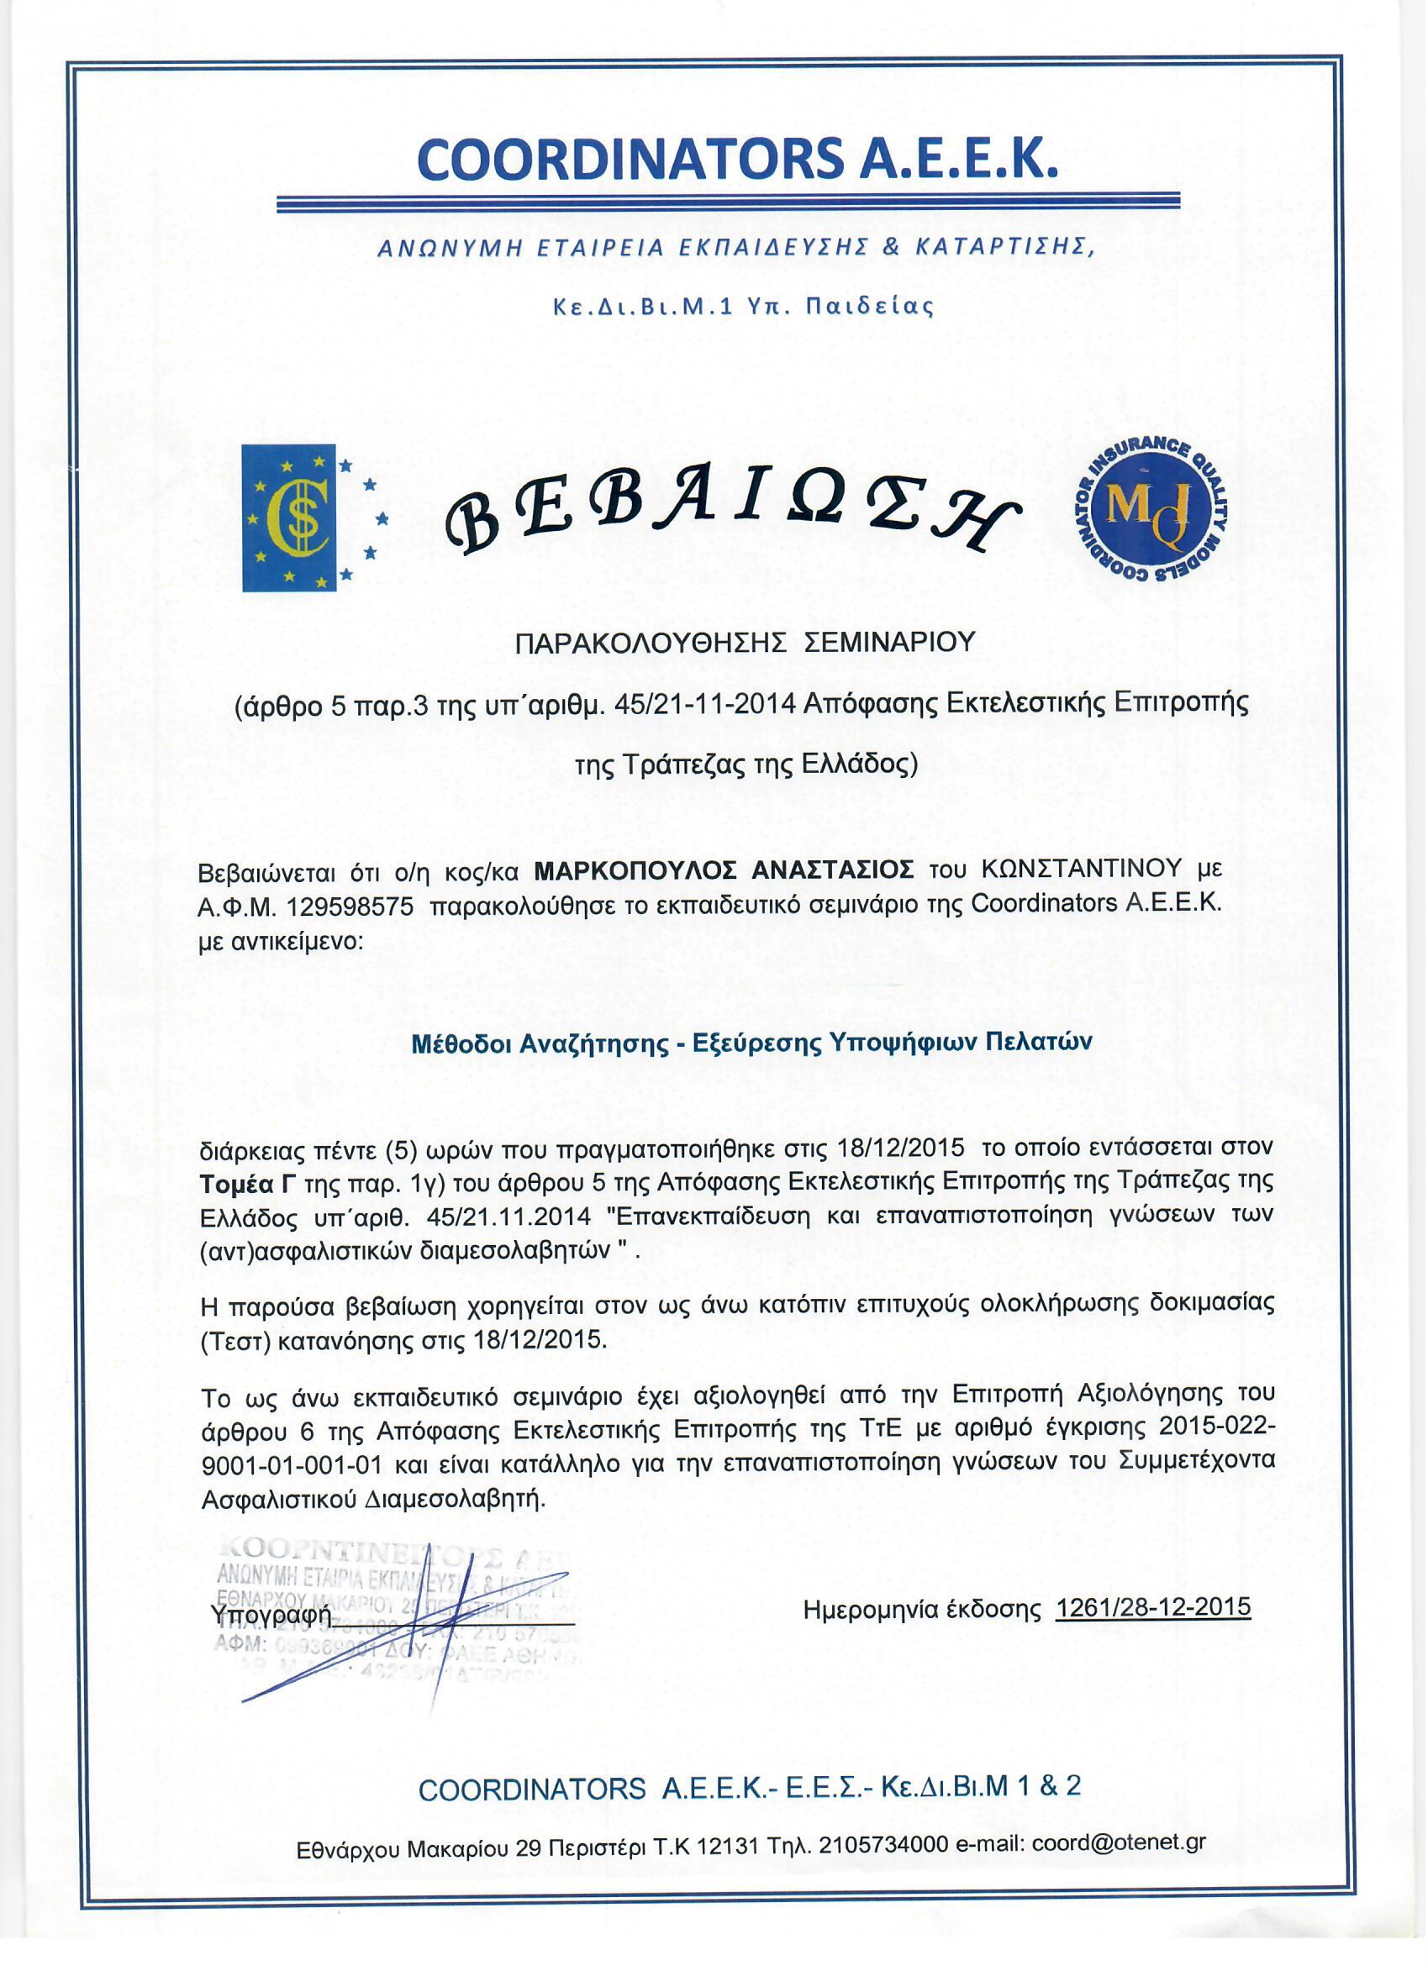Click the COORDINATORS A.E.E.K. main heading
tap(737, 160)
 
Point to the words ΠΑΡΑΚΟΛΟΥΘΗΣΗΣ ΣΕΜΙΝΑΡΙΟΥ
tap(745, 642)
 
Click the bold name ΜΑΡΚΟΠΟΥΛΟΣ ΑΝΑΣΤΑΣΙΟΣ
tap(723, 869)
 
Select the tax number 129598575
tap(350, 907)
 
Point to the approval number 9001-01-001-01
tap(292, 1464)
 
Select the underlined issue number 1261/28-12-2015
tap(1152, 1607)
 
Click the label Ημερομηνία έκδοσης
tap(921, 1611)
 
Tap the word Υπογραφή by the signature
tap(271, 1615)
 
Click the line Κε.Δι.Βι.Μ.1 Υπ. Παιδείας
tap(743, 307)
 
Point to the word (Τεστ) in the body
tap(236, 1340)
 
